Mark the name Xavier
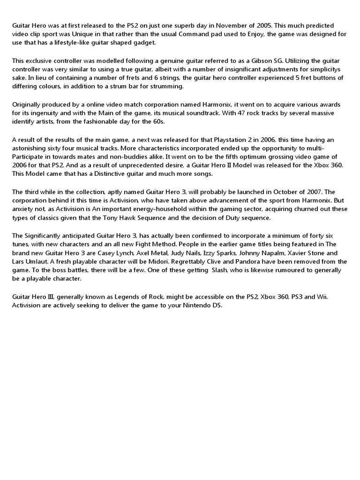click(294, 253)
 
